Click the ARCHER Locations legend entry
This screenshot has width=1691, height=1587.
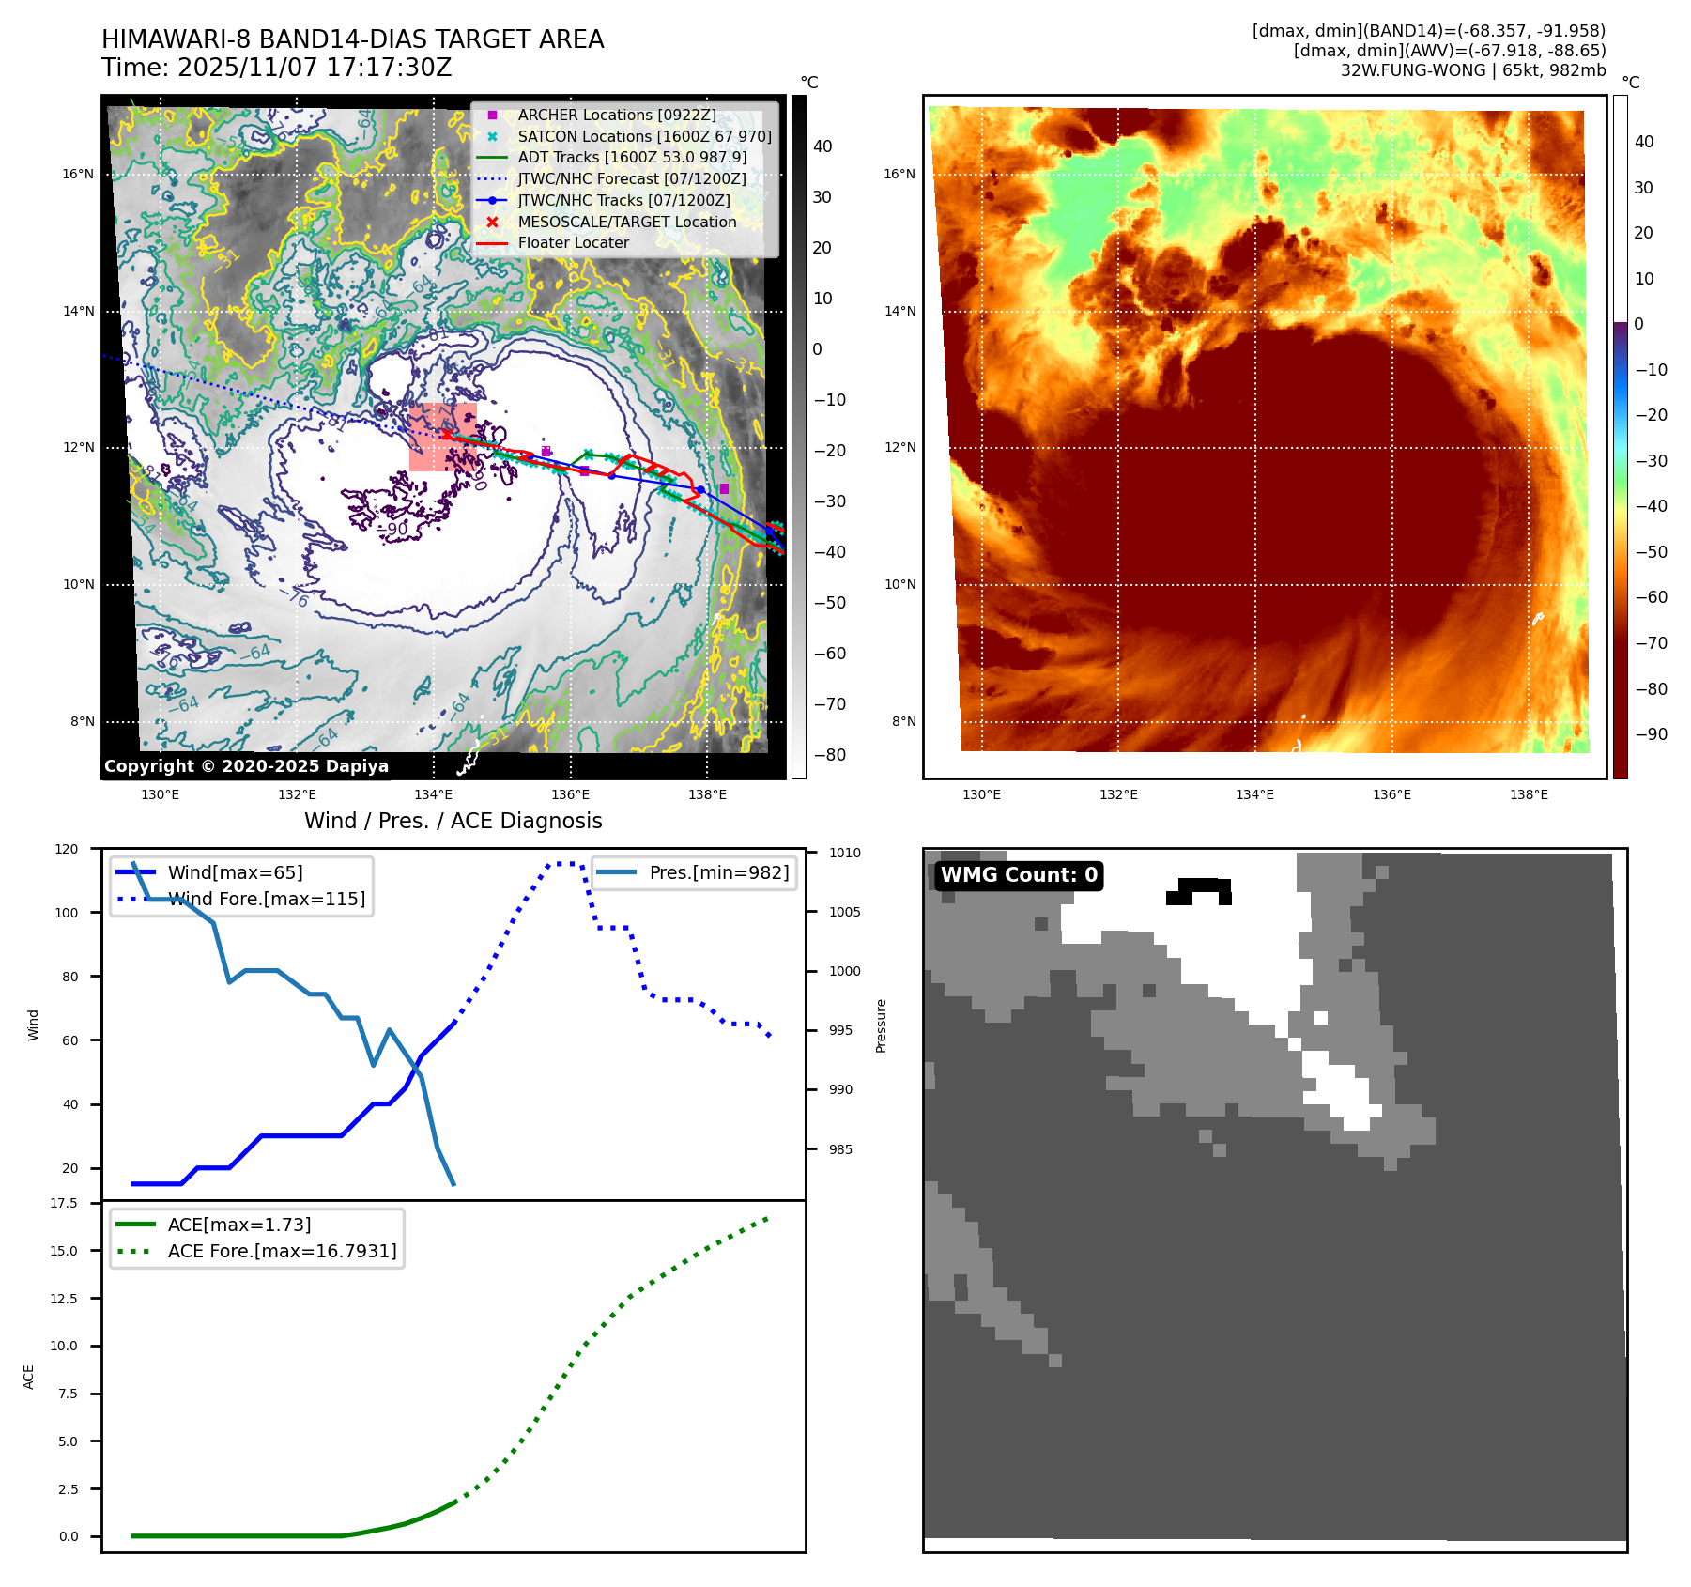pos(616,115)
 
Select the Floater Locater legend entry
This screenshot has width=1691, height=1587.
pos(573,242)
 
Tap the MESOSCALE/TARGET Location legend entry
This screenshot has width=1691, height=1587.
pos(626,222)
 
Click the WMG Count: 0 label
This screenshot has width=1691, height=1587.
pos(1019,875)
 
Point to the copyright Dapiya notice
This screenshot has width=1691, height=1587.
pos(246,766)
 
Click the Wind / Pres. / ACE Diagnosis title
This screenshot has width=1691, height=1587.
pos(453,821)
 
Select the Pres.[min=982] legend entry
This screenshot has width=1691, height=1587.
pos(718,872)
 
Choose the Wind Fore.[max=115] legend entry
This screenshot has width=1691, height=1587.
pos(266,899)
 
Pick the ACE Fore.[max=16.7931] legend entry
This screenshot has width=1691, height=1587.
pos(282,1251)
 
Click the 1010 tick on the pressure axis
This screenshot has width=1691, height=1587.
pos(844,853)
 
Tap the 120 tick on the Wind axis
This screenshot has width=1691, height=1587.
pos(67,849)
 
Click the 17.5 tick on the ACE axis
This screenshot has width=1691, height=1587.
pos(64,1203)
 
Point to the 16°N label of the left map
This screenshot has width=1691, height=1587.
pos(78,174)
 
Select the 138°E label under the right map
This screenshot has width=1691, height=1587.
pos(1529,794)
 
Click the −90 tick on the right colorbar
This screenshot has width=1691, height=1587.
pos(1651,734)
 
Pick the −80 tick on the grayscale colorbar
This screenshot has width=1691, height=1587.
pos(829,755)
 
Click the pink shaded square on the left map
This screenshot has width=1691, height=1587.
pos(442,437)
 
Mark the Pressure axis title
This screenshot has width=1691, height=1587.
pos(881,1025)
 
